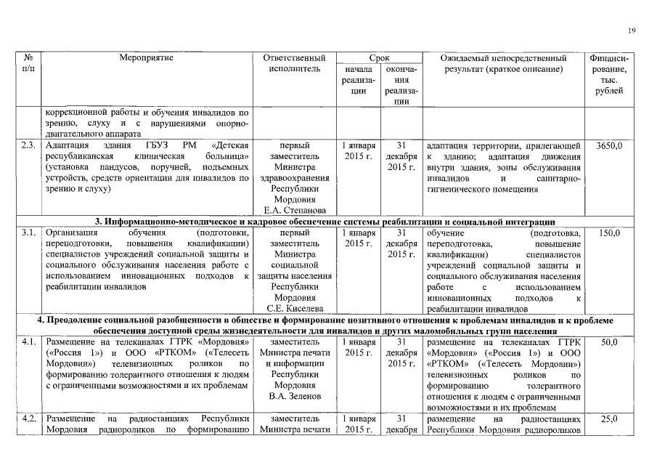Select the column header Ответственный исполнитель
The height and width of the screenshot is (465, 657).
(x=295, y=63)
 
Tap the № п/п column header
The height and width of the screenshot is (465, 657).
(x=30, y=63)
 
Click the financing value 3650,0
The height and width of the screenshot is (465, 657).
(x=608, y=146)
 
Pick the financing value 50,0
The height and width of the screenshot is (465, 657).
(x=608, y=341)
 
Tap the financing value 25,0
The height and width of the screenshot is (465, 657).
(x=608, y=420)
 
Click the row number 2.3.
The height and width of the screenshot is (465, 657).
(x=30, y=146)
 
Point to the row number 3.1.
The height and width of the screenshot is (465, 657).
(x=30, y=234)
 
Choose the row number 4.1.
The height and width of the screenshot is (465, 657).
(x=30, y=341)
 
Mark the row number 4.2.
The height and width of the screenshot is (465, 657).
(x=30, y=420)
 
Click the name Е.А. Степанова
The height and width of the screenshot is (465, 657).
(x=295, y=211)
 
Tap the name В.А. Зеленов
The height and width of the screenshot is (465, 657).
(x=295, y=397)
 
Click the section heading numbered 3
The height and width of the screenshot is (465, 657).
(x=325, y=222)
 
